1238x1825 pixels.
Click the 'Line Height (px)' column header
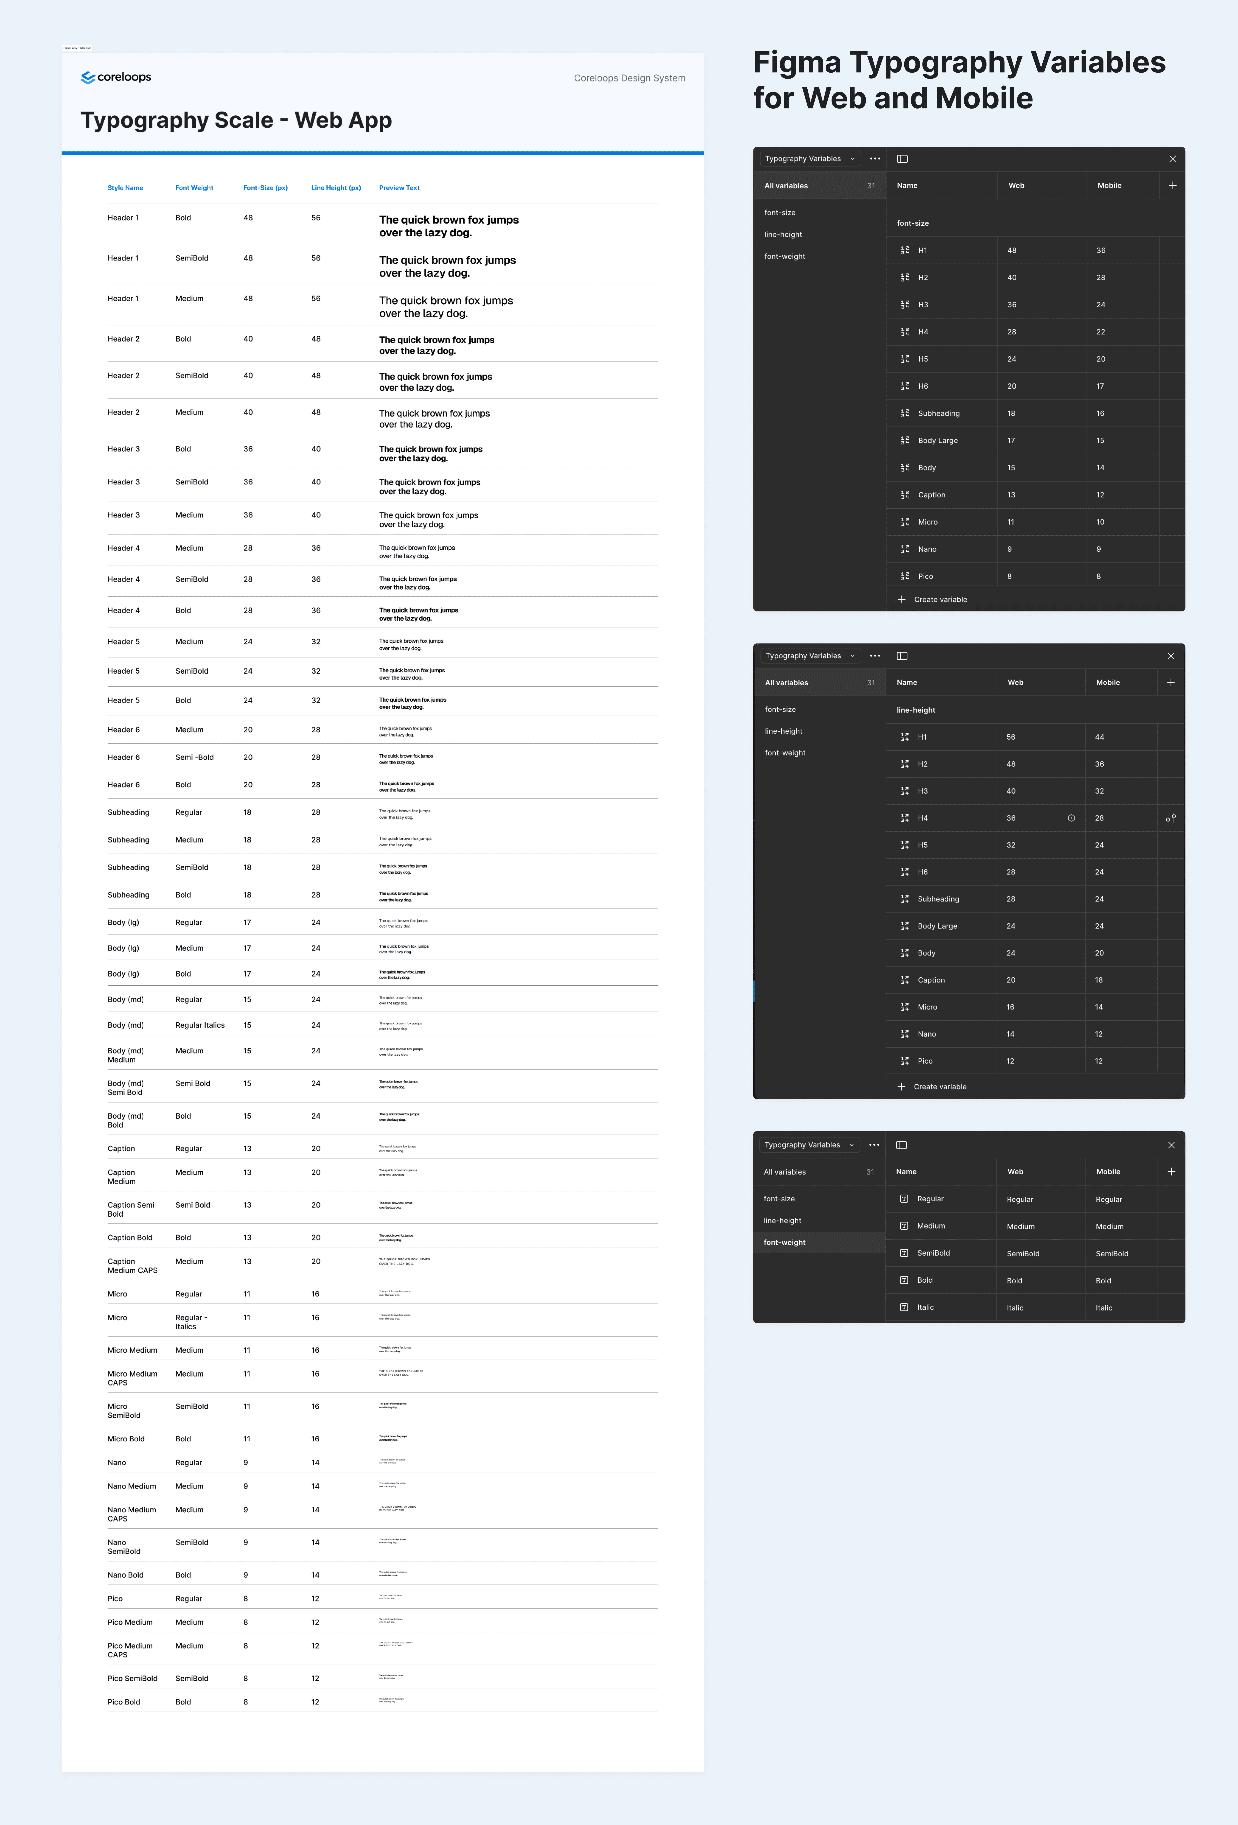coord(335,188)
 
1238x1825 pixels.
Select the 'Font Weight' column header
coord(194,188)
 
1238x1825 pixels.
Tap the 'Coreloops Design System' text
coord(629,78)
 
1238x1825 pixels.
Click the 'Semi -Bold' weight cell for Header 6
coord(194,757)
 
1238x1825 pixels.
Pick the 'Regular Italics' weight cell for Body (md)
coord(200,1025)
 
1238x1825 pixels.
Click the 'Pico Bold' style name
coord(123,1702)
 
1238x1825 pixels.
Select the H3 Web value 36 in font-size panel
coord(1012,305)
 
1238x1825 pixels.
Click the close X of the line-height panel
coord(1171,656)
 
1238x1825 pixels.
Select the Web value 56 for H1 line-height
coord(1011,737)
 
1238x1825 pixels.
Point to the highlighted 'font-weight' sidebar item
coord(784,1242)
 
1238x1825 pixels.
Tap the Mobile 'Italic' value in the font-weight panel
coord(1104,1308)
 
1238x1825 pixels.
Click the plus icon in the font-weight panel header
coord(1171,1172)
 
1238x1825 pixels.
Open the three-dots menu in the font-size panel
coord(875,159)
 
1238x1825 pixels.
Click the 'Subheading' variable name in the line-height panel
coord(938,899)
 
